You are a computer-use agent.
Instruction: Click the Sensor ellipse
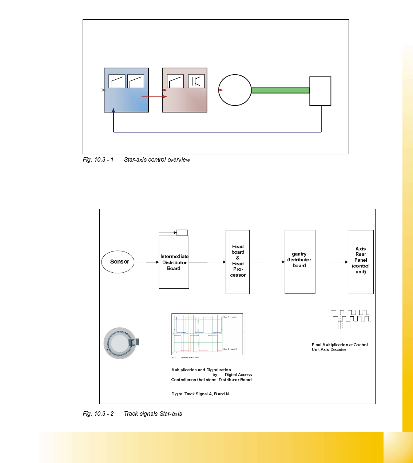point(118,262)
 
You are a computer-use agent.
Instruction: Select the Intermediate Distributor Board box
point(174,262)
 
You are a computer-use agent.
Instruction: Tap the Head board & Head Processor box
point(238,261)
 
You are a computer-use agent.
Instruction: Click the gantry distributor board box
point(300,261)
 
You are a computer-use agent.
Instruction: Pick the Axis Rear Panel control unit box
point(361,261)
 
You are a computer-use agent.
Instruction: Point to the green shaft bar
point(280,90)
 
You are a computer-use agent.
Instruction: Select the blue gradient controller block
point(126,98)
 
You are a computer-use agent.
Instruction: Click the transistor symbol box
point(196,81)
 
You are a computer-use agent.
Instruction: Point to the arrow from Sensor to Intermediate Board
point(147,262)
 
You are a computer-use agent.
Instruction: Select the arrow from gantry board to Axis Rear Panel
point(331,262)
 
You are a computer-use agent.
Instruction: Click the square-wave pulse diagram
point(351,319)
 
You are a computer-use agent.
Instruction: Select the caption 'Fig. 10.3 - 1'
point(98,160)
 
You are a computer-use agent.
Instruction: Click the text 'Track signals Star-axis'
point(153,414)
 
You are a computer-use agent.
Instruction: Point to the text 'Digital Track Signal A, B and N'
point(200,394)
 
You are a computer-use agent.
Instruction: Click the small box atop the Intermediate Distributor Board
point(182,233)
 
